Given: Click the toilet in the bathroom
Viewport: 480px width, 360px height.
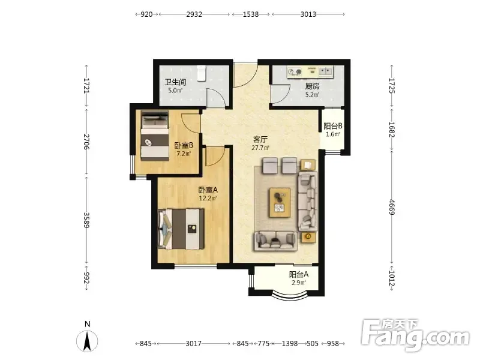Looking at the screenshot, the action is coord(201,73).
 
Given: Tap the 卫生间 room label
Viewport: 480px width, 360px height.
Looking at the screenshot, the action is coord(175,82).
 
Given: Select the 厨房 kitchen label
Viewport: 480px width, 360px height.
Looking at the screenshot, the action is coord(312,86).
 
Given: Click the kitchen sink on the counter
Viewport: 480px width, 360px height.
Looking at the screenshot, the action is coord(326,71).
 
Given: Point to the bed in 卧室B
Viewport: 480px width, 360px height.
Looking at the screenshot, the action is coord(155,136).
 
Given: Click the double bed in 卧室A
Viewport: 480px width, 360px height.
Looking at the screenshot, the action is coord(181,229).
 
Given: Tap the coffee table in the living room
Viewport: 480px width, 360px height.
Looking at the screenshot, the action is coord(280,202).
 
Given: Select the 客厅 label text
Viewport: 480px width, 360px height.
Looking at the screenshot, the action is coord(260,140).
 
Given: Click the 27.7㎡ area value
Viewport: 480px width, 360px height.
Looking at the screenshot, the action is coord(260,148).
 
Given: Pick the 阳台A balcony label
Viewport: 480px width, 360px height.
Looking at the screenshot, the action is coord(299,275).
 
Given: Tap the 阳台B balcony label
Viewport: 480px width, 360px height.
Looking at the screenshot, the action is coord(333,126).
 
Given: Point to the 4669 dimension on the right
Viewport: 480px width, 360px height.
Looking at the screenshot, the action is coord(392,207).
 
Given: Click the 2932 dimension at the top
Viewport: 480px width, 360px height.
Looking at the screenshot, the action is coord(194,14).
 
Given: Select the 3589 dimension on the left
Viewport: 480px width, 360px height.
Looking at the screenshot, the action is coord(86,220).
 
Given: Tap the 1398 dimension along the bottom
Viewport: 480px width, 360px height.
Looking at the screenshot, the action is coord(290,343).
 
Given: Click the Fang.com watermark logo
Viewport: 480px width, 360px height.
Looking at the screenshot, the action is coord(415,335).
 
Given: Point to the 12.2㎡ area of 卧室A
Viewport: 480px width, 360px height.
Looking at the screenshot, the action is coord(208,198).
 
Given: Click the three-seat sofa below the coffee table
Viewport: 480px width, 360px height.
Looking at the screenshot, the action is coord(275,241).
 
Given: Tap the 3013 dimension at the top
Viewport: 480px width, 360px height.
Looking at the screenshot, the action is coord(308,14).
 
